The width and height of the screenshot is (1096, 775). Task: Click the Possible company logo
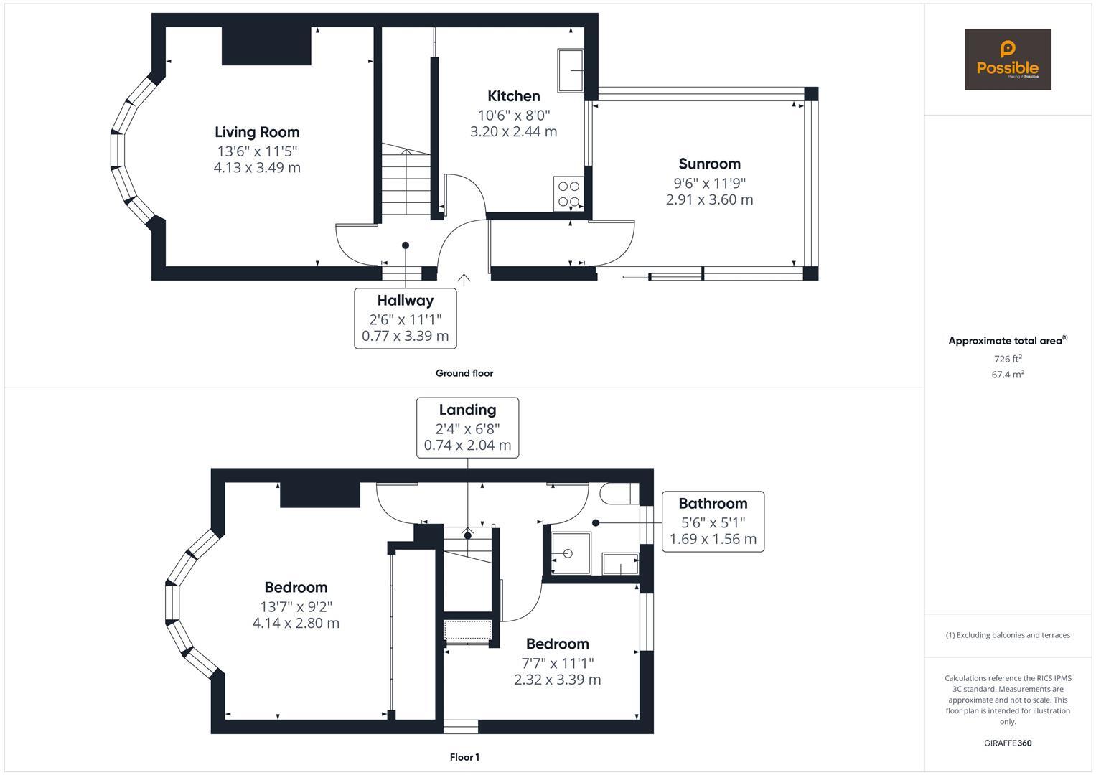tap(1008, 59)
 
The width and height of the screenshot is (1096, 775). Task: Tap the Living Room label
tap(257, 132)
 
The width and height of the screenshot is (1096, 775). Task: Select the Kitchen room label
tap(514, 96)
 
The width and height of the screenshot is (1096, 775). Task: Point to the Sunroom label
tap(709, 164)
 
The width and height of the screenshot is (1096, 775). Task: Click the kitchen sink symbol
tap(571, 70)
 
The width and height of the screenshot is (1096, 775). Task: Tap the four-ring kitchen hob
tap(568, 194)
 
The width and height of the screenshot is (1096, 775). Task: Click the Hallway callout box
tap(405, 319)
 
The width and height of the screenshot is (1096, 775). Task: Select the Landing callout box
tap(468, 428)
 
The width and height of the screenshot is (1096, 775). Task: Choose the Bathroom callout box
tap(713, 522)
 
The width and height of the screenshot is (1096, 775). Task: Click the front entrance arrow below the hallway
tap(464, 280)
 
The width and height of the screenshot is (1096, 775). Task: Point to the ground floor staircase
tap(406, 179)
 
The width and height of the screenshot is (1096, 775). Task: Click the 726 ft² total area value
tap(1008, 359)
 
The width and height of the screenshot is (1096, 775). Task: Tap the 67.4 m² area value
tap(1008, 375)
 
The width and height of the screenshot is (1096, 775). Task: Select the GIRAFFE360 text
tap(1008, 743)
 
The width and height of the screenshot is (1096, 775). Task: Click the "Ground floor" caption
tap(464, 373)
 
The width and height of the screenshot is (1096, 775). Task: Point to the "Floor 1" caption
tap(464, 757)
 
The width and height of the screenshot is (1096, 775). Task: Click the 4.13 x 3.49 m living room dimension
tap(257, 168)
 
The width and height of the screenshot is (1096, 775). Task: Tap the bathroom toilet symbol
tap(619, 494)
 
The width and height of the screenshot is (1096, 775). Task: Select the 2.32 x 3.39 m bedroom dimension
tap(557, 680)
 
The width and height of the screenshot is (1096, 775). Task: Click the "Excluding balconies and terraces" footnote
tap(1008, 635)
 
